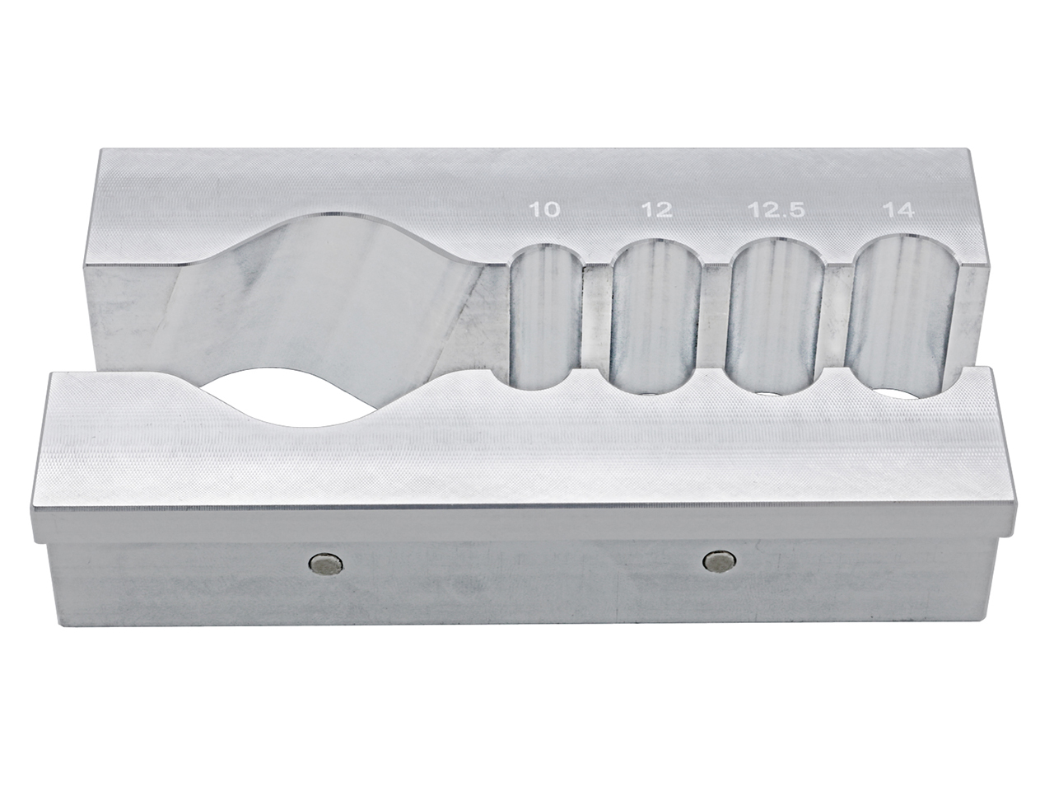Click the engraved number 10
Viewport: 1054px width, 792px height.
pos(546,210)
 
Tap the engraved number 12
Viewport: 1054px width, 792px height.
pos(655,210)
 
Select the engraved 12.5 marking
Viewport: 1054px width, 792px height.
pos(777,210)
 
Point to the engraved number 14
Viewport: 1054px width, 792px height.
pos(897,210)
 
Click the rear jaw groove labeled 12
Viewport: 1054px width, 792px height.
pos(655,313)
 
